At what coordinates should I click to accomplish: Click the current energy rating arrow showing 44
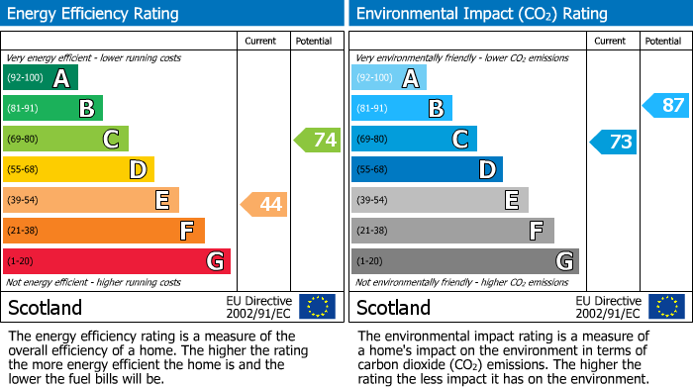click(264, 204)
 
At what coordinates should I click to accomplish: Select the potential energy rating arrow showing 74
click(318, 140)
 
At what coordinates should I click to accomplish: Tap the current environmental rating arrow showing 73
click(613, 142)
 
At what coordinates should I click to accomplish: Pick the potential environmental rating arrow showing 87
click(666, 105)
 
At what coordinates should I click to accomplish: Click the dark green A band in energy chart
click(40, 78)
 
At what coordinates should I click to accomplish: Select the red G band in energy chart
click(116, 261)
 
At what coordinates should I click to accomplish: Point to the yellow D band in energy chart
click(78, 170)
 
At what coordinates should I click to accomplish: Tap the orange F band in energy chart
click(104, 231)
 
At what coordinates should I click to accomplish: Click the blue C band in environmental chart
click(414, 140)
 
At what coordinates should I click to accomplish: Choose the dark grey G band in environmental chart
click(464, 261)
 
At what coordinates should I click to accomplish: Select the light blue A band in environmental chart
click(389, 78)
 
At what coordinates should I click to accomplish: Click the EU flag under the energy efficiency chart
click(317, 307)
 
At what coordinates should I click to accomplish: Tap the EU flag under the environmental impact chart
click(668, 307)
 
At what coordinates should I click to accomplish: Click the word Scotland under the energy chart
click(46, 307)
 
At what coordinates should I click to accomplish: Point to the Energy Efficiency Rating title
click(94, 14)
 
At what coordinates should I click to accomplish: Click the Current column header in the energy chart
click(262, 41)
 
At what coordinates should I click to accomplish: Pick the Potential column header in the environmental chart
click(663, 41)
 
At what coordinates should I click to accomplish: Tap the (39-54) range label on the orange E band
click(23, 201)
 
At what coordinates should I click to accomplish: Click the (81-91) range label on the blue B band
click(372, 109)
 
